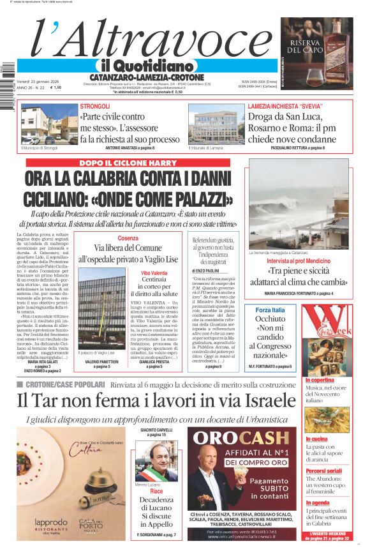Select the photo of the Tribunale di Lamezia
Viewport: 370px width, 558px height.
pyautogui.click(x=212, y=125)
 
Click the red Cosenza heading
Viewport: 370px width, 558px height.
pyautogui.click(x=128, y=238)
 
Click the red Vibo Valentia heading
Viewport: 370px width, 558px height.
pyautogui.click(x=154, y=273)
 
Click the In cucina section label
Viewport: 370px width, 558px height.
pyautogui.click(x=316, y=439)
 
